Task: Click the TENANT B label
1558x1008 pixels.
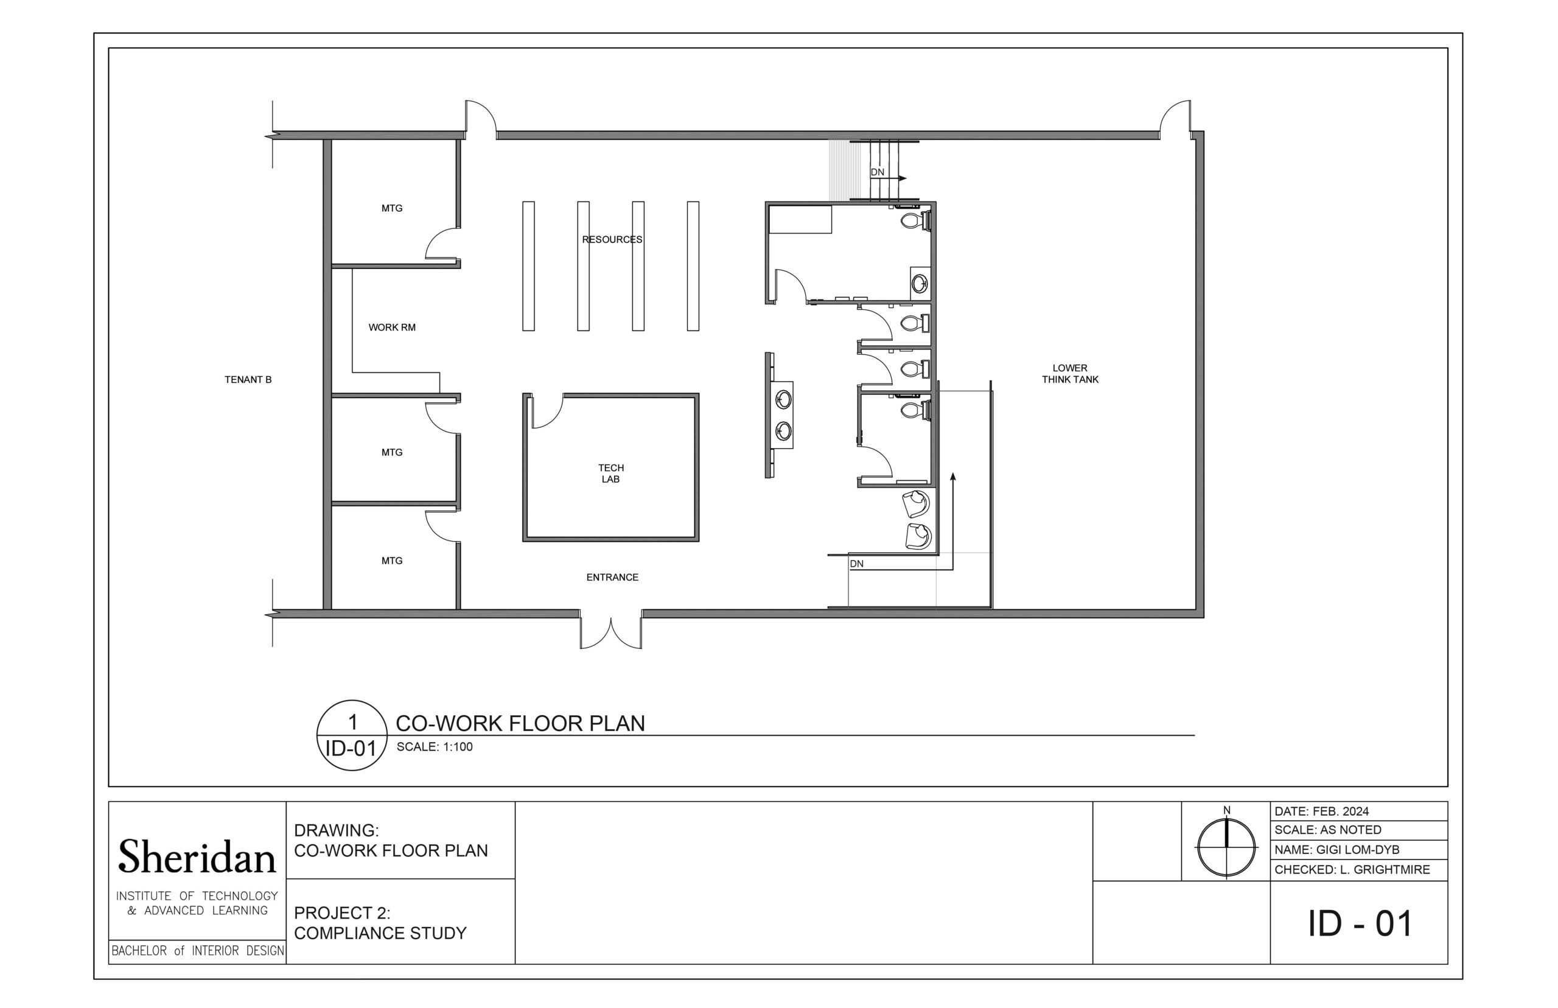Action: pyautogui.click(x=248, y=380)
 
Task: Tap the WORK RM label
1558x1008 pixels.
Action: pyautogui.click(x=392, y=327)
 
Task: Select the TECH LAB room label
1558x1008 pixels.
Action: pyautogui.click(x=611, y=473)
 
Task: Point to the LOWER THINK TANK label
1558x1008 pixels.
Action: pyautogui.click(x=1070, y=374)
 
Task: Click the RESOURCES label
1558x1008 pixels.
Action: pyautogui.click(x=612, y=240)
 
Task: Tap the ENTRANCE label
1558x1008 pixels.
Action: pyautogui.click(x=612, y=577)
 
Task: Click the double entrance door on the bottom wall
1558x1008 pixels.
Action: pyautogui.click(x=610, y=631)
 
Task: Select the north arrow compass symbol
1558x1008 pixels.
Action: pyautogui.click(x=1226, y=845)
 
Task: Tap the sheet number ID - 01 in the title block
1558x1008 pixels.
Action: pyautogui.click(x=1360, y=923)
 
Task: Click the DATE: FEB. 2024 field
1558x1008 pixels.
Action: pyautogui.click(x=1322, y=811)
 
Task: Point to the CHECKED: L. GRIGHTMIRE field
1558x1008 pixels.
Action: pyautogui.click(x=1352, y=870)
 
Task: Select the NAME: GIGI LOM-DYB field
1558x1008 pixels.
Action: pyautogui.click(x=1337, y=850)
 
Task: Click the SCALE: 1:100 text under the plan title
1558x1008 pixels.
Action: pyautogui.click(x=435, y=747)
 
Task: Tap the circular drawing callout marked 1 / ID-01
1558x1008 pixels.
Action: pyautogui.click(x=352, y=735)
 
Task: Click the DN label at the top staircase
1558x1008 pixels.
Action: pyautogui.click(x=878, y=172)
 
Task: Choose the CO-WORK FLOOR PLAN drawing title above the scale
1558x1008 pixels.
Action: pyautogui.click(x=520, y=723)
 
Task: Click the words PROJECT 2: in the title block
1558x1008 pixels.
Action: pyautogui.click(x=342, y=912)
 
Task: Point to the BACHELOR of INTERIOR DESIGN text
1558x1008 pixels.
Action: pyautogui.click(x=198, y=950)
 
